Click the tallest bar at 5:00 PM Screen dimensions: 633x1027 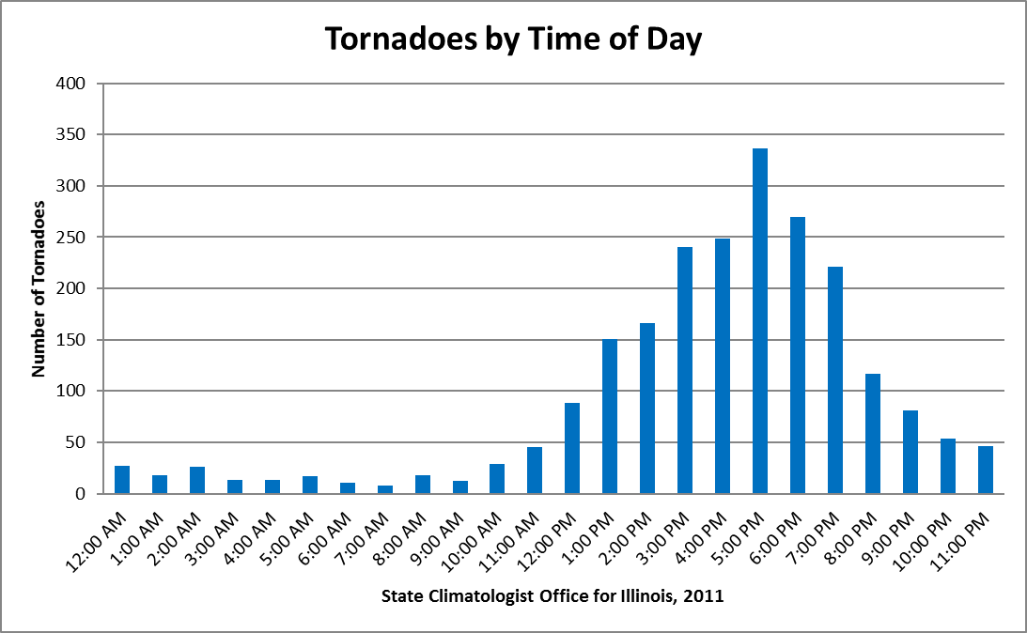pos(760,321)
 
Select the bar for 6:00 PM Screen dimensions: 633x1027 pos(798,355)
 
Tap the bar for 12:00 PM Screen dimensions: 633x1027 pos(572,448)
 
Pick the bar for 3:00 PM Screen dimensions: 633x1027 pos(685,370)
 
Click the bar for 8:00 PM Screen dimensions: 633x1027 pos(873,433)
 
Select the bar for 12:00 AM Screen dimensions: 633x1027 pos(122,480)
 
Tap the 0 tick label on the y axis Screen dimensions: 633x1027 pos(80,494)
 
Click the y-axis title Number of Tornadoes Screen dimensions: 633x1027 pos(39,288)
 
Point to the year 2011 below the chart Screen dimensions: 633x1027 pos(708,596)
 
